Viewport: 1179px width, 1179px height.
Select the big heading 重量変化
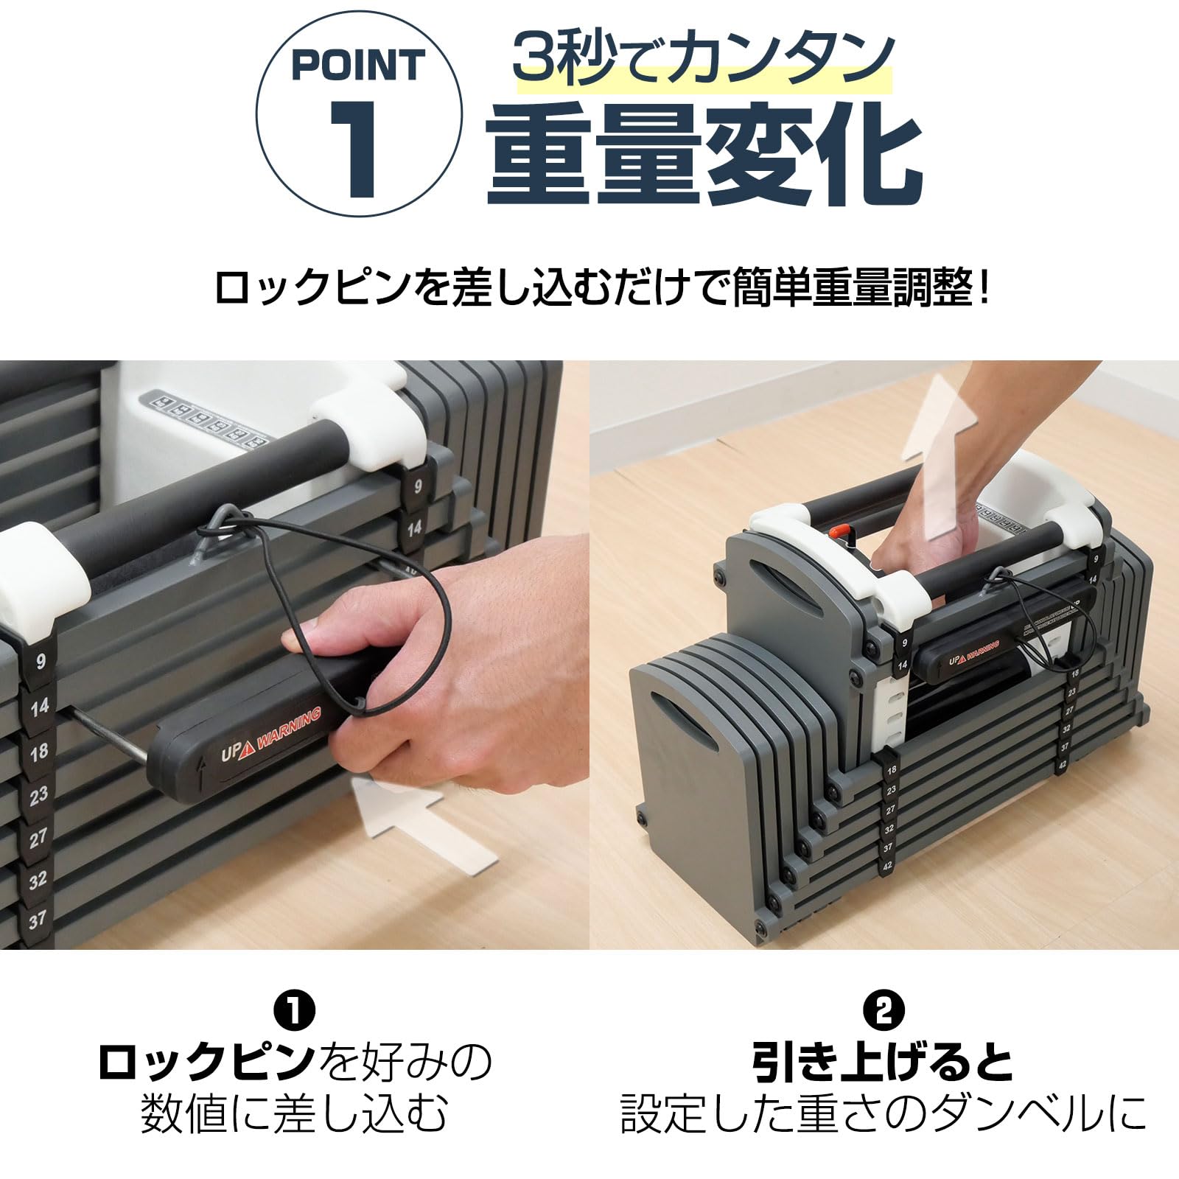704,157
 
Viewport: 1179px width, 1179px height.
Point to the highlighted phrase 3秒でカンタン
704,59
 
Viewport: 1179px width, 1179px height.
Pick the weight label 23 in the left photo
38,794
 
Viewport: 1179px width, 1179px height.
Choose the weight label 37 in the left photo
37,920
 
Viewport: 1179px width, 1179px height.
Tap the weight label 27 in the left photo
38,837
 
